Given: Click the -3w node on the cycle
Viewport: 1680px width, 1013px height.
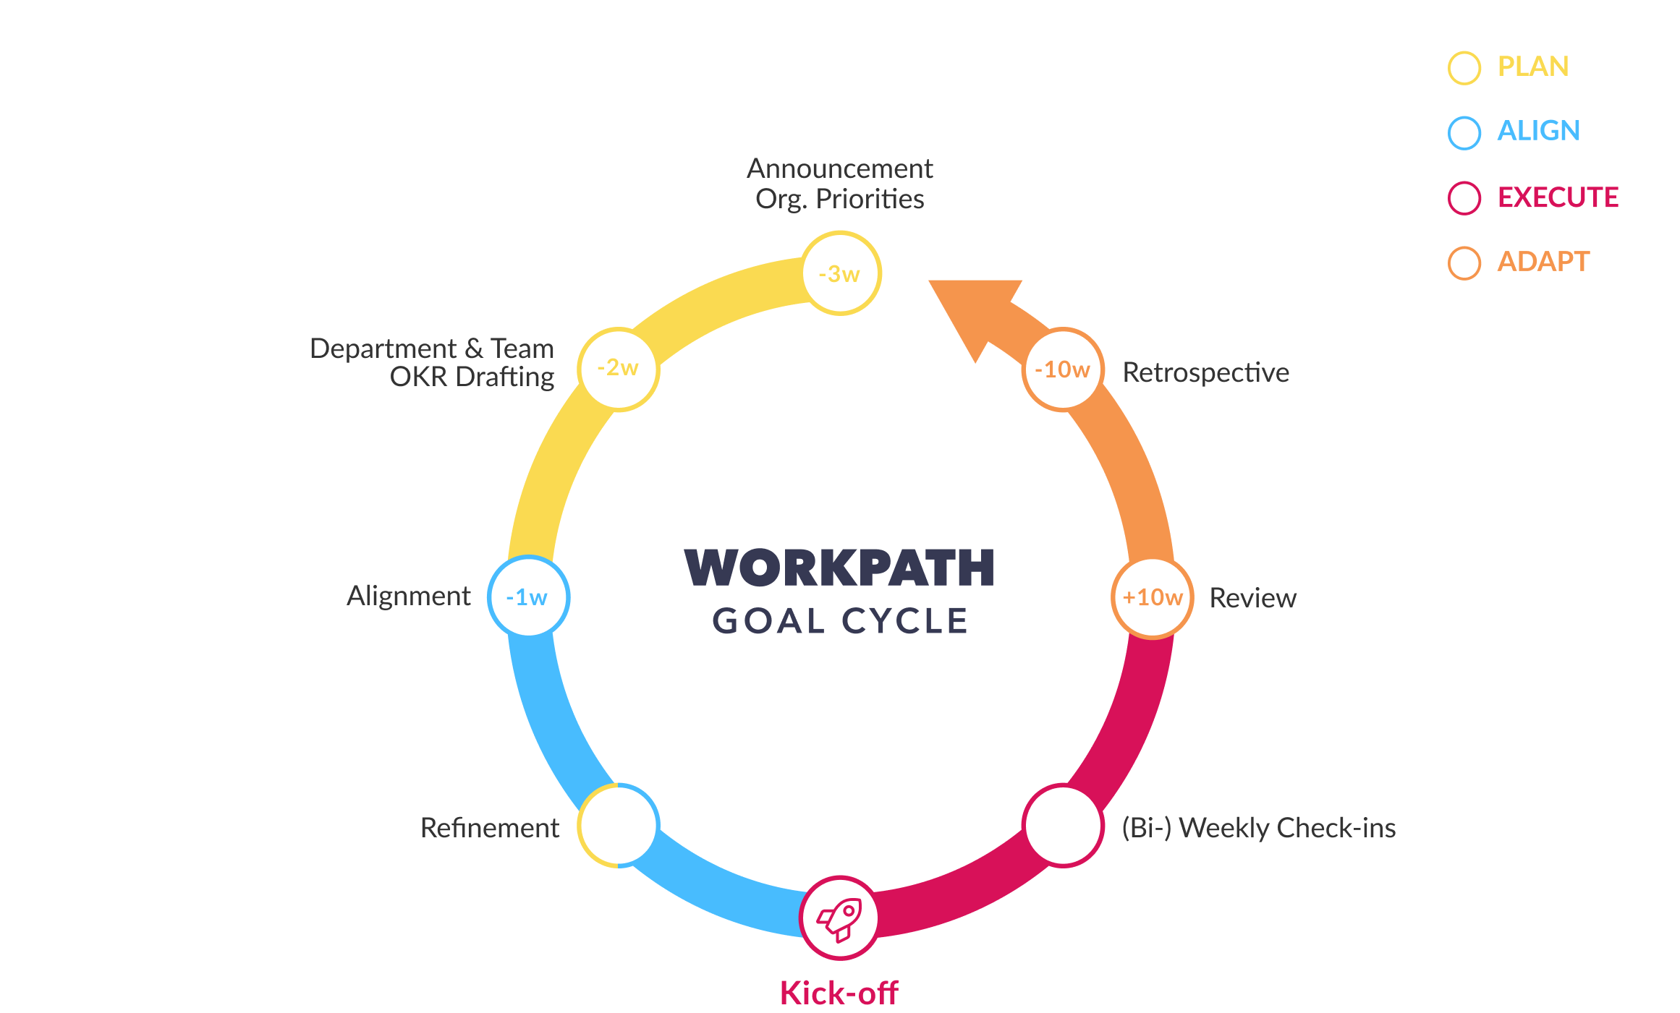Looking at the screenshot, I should pyautogui.click(x=841, y=273).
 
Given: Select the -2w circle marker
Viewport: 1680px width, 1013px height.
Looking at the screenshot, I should pyautogui.click(x=619, y=369).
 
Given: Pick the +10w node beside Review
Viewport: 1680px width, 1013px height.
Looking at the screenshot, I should pyautogui.click(x=1152, y=598).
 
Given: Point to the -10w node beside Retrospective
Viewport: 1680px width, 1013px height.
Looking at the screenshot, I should pyautogui.click(x=1063, y=369).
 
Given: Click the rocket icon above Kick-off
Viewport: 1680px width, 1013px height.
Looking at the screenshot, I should pyautogui.click(x=839, y=918).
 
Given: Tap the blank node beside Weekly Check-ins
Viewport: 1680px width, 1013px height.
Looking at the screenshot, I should pyautogui.click(x=1063, y=826).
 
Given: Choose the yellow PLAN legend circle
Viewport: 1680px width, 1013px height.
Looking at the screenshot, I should pyautogui.click(x=1464, y=68).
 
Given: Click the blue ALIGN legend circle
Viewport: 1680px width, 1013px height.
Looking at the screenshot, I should pyautogui.click(x=1464, y=132).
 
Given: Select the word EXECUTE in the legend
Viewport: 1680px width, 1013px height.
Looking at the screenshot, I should pyautogui.click(x=1558, y=197).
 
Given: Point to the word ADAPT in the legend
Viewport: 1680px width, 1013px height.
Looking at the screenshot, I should pyautogui.click(x=1543, y=262).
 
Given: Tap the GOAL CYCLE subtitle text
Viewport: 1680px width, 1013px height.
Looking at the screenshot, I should pyautogui.click(x=839, y=621).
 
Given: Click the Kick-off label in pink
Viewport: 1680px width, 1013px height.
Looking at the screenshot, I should pyautogui.click(x=839, y=993).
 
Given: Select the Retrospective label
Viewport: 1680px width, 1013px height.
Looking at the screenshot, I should pyautogui.click(x=1205, y=372).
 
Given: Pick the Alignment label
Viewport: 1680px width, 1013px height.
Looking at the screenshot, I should pyautogui.click(x=409, y=596).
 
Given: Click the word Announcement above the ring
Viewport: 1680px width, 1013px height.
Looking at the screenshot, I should pyautogui.click(x=839, y=168).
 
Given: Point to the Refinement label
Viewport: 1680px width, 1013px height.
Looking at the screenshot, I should pyautogui.click(x=489, y=828).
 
